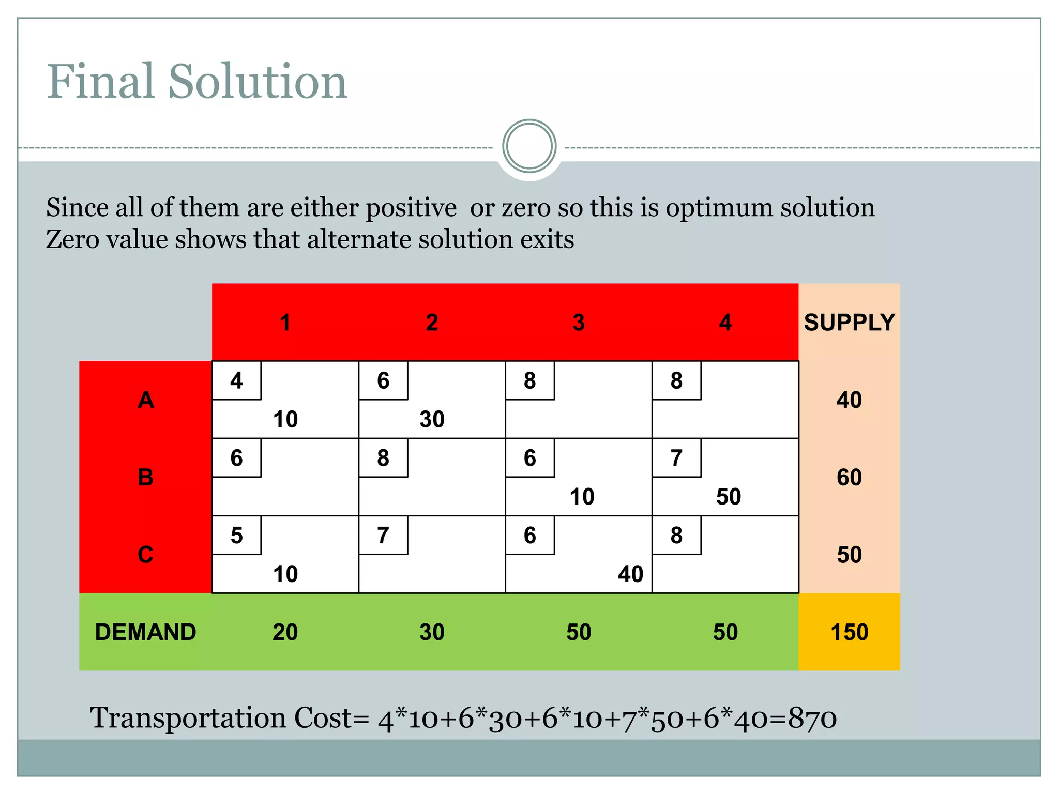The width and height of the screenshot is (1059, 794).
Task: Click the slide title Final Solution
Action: (x=196, y=82)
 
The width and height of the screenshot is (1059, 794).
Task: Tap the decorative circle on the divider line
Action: (x=529, y=146)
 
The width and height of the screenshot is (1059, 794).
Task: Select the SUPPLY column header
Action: (x=849, y=323)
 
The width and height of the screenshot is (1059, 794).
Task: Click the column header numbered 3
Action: (x=579, y=323)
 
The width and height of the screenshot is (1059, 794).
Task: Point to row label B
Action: (x=145, y=477)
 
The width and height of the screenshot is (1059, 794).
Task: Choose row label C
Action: (x=145, y=555)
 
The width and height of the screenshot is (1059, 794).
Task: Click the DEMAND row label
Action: (x=145, y=632)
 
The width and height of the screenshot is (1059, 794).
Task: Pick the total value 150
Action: (x=849, y=632)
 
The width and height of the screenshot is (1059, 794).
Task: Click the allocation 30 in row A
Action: (x=432, y=419)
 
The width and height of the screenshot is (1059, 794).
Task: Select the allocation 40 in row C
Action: (x=630, y=574)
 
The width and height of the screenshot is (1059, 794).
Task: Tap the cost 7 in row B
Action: (x=676, y=458)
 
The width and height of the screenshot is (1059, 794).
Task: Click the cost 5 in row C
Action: (x=236, y=536)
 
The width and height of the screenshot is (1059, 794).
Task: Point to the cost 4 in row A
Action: (x=236, y=381)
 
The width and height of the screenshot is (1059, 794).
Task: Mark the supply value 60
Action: (x=849, y=477)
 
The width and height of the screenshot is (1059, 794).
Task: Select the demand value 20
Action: (x=285, y=632)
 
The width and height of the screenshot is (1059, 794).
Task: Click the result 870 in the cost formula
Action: (x=812, y=719)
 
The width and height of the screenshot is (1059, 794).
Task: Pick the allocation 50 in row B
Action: (x=728, y=497)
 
